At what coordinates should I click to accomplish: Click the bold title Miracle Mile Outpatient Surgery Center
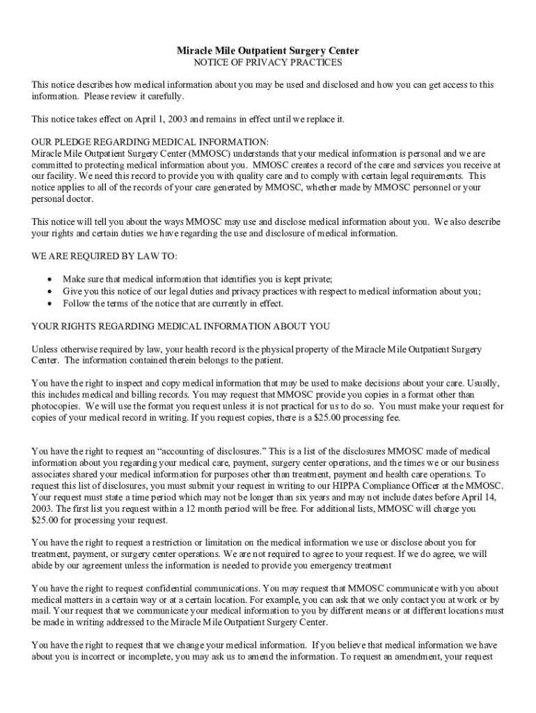tap(267, 52)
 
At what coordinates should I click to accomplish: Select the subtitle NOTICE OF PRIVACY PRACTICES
tap(267, 63)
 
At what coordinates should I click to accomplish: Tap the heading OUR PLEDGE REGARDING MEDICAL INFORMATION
tap(150, 142)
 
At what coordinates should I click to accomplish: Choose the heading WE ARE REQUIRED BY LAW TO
tap(100, 256)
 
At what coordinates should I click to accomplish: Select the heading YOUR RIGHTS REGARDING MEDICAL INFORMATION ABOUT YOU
tap(181, 326)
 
